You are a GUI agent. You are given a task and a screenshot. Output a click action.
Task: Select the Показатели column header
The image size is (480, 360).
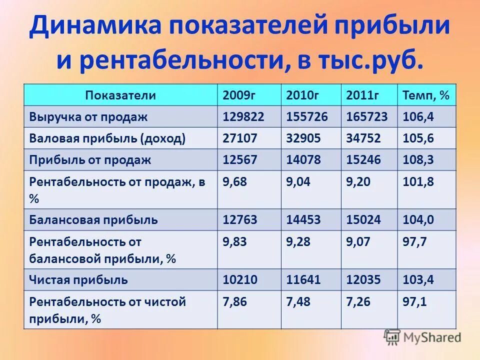[x=120, y=95]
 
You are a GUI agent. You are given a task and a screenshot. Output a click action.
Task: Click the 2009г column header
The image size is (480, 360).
[x=239, y=95]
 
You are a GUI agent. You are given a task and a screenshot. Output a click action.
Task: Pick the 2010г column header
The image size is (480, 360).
[x=303, y=95]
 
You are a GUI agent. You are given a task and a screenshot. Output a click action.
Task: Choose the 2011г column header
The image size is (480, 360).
[x=362, y=95]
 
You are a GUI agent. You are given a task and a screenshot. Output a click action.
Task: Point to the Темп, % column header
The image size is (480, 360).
[x=425, y=95]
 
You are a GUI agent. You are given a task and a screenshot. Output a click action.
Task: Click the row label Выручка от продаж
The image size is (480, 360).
[x=88, y=117]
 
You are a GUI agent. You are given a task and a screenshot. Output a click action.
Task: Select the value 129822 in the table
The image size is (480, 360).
[x=243, y=117]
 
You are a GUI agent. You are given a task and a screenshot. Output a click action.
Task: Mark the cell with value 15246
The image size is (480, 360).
[x=363, y=160]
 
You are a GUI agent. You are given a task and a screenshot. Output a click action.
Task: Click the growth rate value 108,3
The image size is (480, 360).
[x=418, y=160]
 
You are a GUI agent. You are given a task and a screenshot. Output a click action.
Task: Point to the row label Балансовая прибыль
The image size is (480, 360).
[x=93, y=219]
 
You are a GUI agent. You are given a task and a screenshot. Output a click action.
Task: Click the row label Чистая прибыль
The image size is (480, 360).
[x=78, y=280]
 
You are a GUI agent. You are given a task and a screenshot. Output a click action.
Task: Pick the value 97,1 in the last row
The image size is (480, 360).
[x=414, y=302]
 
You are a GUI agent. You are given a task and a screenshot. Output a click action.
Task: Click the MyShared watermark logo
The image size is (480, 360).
[x=422, y=337]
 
